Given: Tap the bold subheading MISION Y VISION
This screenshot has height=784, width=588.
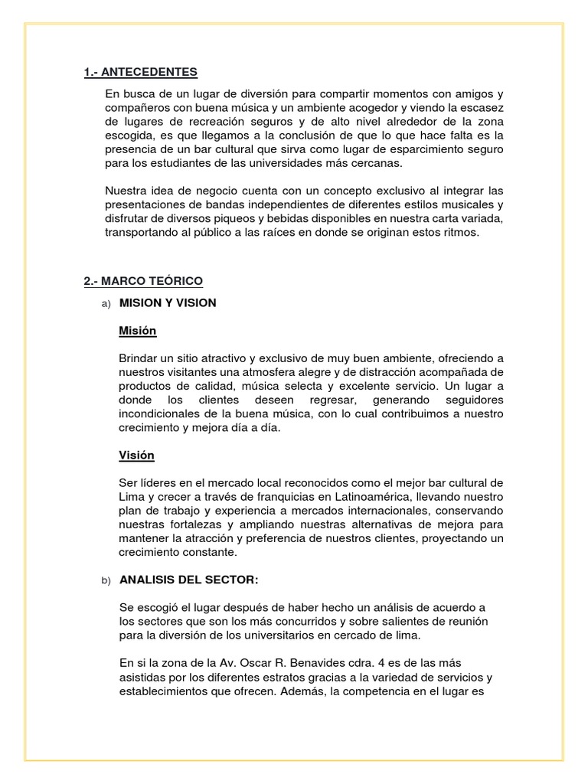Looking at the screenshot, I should point(168,302).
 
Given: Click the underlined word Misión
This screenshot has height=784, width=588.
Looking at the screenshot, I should point(138,331).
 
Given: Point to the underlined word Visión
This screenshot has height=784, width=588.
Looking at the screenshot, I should point(136,455).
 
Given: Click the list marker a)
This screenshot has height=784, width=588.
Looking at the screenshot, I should point(106,303).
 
